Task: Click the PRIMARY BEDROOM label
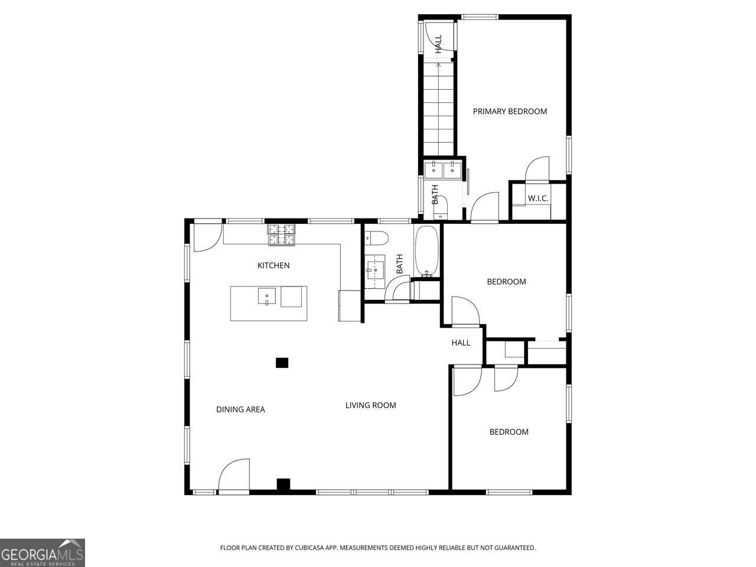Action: tap(510, 111)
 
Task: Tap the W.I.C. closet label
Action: tap(537, 198)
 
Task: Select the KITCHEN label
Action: tap(273, 265)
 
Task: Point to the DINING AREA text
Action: tap(240, 409)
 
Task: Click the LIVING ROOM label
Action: tap(370, 405)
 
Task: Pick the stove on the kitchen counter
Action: tap(282, 234)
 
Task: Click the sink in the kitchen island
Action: tap(267, 296)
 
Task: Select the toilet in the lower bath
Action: tap(376, 239)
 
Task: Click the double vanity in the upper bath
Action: tap(443, 169)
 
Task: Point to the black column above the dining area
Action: tap(282, 363)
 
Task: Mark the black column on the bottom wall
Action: tap(283, 484)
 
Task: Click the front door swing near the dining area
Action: tap(233, 475)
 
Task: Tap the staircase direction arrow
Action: tap(438, 65)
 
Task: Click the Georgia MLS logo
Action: tap(43, 553)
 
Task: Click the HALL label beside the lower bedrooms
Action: tap(461, 343)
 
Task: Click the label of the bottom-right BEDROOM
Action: tap(509, 432)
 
